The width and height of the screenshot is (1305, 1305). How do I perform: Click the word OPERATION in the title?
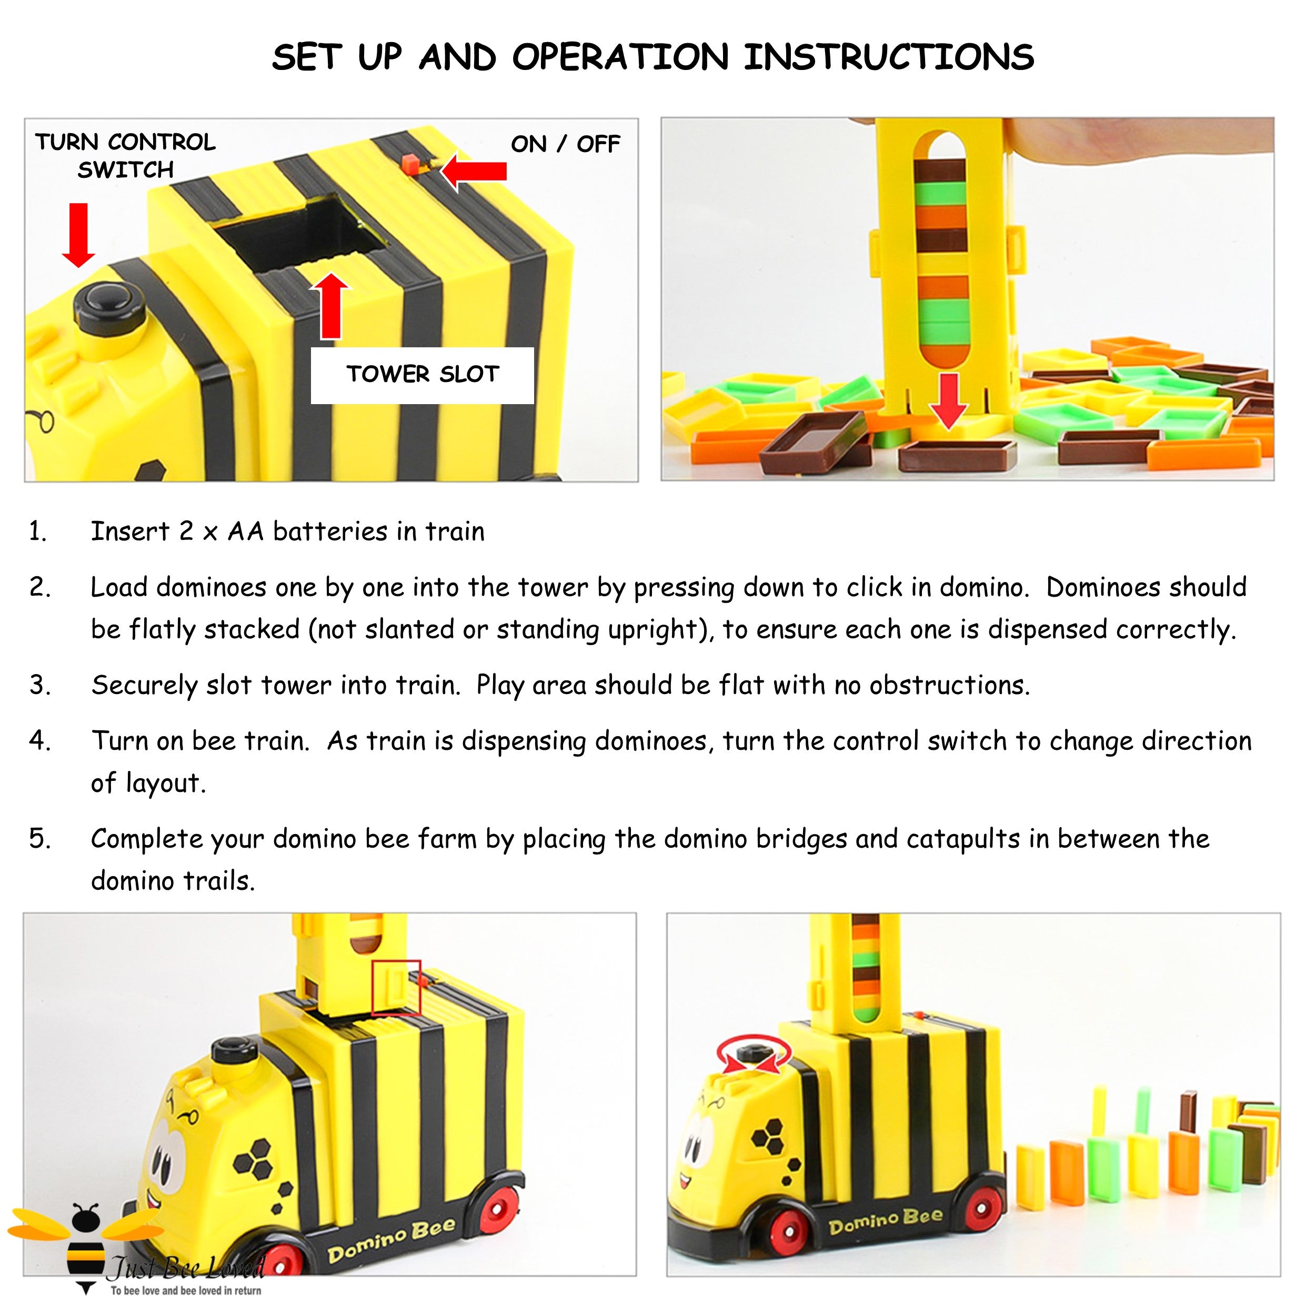[620, 57]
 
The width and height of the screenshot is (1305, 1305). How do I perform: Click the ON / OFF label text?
[565, 144]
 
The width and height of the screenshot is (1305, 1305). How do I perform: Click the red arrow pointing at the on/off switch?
[475, 171]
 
